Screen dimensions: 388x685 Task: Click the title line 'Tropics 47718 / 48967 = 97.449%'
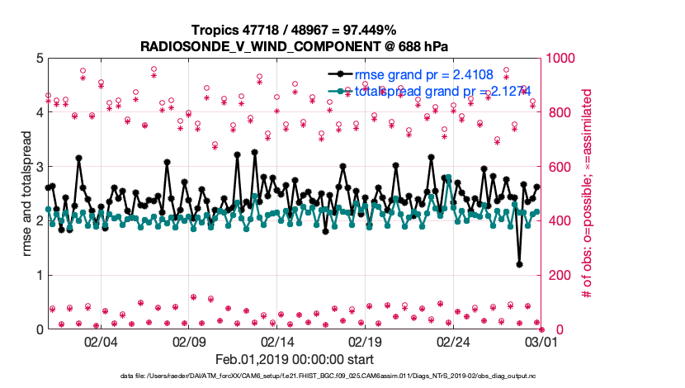[294, 30]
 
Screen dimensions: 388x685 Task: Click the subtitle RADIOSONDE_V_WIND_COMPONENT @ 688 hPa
[294, 45]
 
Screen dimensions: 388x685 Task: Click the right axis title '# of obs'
[588, 193]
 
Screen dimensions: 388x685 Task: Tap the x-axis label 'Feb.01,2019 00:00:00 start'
[294, 360]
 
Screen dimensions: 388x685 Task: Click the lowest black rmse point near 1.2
[519, 264]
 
